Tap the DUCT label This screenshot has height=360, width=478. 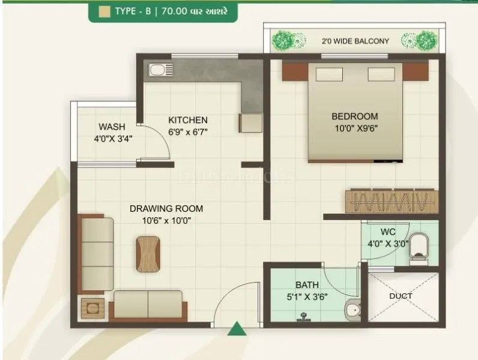[401, 296]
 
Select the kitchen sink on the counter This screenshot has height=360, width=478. [157, 70]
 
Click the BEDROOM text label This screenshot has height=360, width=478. [355, 116]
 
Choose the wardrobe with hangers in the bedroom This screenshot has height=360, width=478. [391, 201]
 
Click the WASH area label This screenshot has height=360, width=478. [112, 127]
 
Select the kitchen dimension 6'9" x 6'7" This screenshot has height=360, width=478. [188, 131]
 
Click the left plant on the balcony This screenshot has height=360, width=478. [283, 41]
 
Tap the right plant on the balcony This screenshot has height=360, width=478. [426, 41]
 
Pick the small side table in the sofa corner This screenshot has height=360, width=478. [92, 308]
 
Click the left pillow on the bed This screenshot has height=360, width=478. [330, 74]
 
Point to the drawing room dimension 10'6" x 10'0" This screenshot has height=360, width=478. [166, 220]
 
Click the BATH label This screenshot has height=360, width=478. [307, 285]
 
